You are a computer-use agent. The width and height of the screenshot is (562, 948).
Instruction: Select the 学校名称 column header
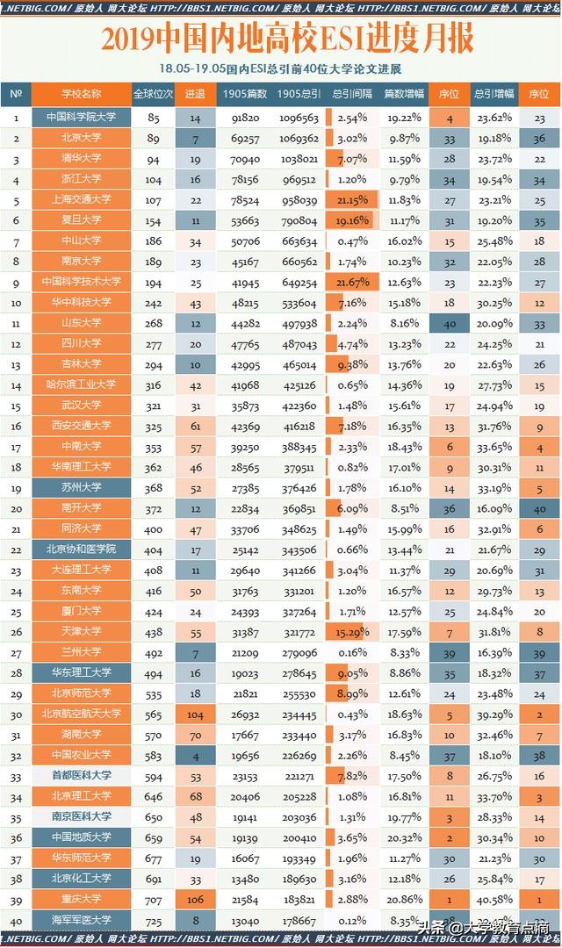click(x=81, y=94)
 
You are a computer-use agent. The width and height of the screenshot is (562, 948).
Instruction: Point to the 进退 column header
click(x=195, y=94)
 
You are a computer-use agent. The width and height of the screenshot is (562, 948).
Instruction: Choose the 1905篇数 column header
click(x=246, y=94)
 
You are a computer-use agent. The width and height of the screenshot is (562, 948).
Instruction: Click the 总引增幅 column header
click(x=494, y=94)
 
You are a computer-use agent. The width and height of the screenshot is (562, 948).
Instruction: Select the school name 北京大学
click(x=81, y=138)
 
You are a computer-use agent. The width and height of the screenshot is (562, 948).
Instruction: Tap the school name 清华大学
click(x=81, y=159)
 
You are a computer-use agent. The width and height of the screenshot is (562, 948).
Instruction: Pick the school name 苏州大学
click(x=81, y=487)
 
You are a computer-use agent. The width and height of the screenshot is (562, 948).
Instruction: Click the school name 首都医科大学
click(x=81, y=776)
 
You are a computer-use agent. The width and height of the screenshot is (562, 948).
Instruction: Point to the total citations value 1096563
click(x=299, y=118)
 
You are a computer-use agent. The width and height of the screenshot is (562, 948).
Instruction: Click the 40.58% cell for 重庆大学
click(x=494, y=899)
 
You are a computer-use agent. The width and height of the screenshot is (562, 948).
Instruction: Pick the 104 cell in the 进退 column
click(x=195, y=714)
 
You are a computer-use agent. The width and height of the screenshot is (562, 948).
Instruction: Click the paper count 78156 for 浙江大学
click(x=246, y=179)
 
